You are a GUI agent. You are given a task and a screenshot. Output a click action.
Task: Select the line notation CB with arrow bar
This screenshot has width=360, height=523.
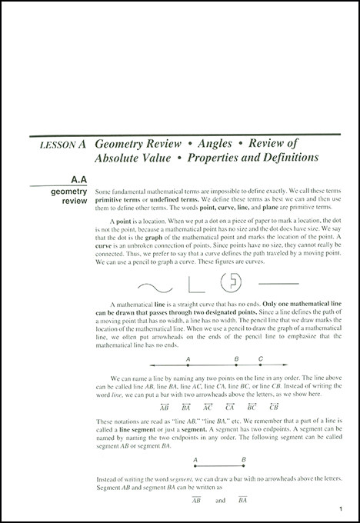[x=274, y=406]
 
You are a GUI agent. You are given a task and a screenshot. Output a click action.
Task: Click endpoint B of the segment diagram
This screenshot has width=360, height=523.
[x=243, y=467]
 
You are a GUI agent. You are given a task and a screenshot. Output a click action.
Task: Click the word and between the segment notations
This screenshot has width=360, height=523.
[x=219, y=500]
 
